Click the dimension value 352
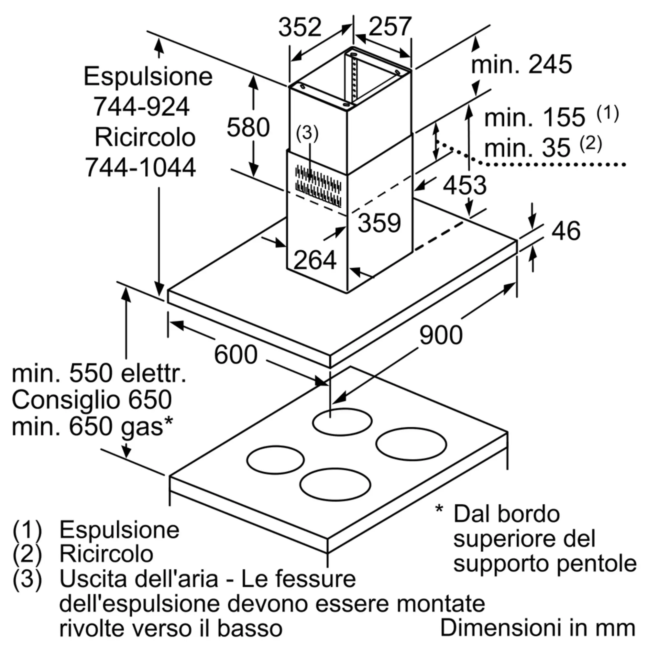pos(300,27)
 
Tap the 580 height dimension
pos(248,127)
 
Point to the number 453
pos(465,185)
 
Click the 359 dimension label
pos(379,223)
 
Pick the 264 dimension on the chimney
pos(315,260)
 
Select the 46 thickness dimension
pos(565,231)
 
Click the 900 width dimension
pos(441,335)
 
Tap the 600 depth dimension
pos(236,355)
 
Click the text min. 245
pos(521,64)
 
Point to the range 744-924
pos(141,107)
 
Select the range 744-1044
pos(140,167)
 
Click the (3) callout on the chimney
pos(307,133)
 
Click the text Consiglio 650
pos(92,399)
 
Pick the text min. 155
pos(534,117)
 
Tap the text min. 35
pos(527,148)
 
